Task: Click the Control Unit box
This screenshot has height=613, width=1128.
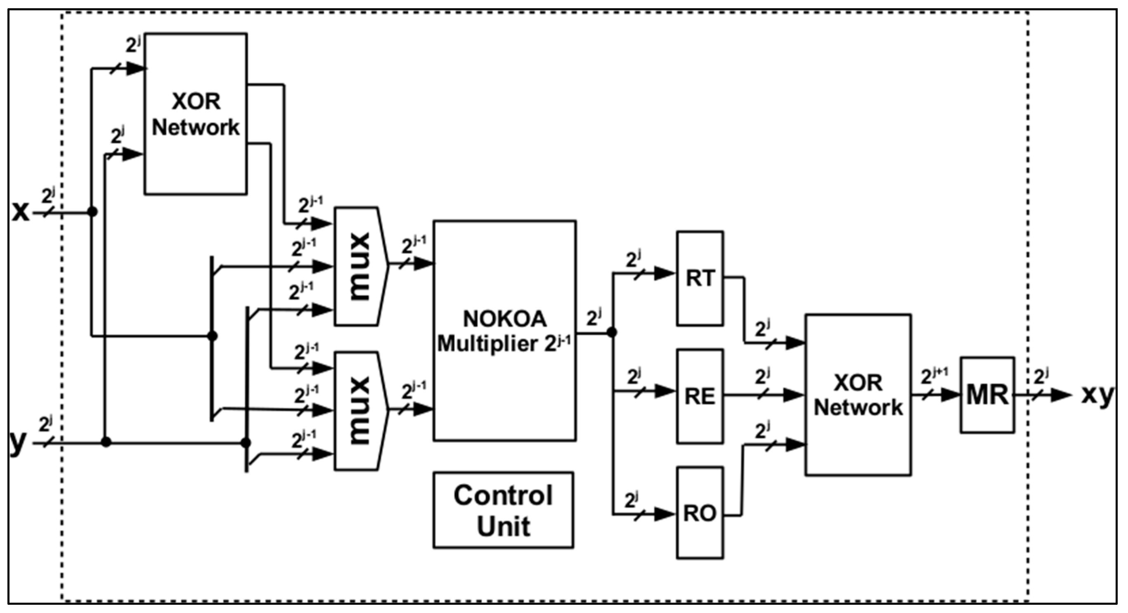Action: [504, 510]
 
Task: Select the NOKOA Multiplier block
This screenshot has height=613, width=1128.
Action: [504, 331]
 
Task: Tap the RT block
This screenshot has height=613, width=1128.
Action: [700, 279]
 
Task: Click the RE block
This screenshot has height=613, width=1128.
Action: [700, 396]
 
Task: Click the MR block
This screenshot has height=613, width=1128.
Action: [987, 395]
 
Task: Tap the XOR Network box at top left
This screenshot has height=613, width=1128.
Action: [196, 114]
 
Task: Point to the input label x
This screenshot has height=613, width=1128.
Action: [20, 212]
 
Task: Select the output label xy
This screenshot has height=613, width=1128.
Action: [1097, 395]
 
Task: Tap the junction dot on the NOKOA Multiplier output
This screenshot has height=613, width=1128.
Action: [612, 332]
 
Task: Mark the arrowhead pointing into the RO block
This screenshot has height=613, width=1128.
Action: [665, 514]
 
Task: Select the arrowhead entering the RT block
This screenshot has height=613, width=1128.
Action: [665, 274]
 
